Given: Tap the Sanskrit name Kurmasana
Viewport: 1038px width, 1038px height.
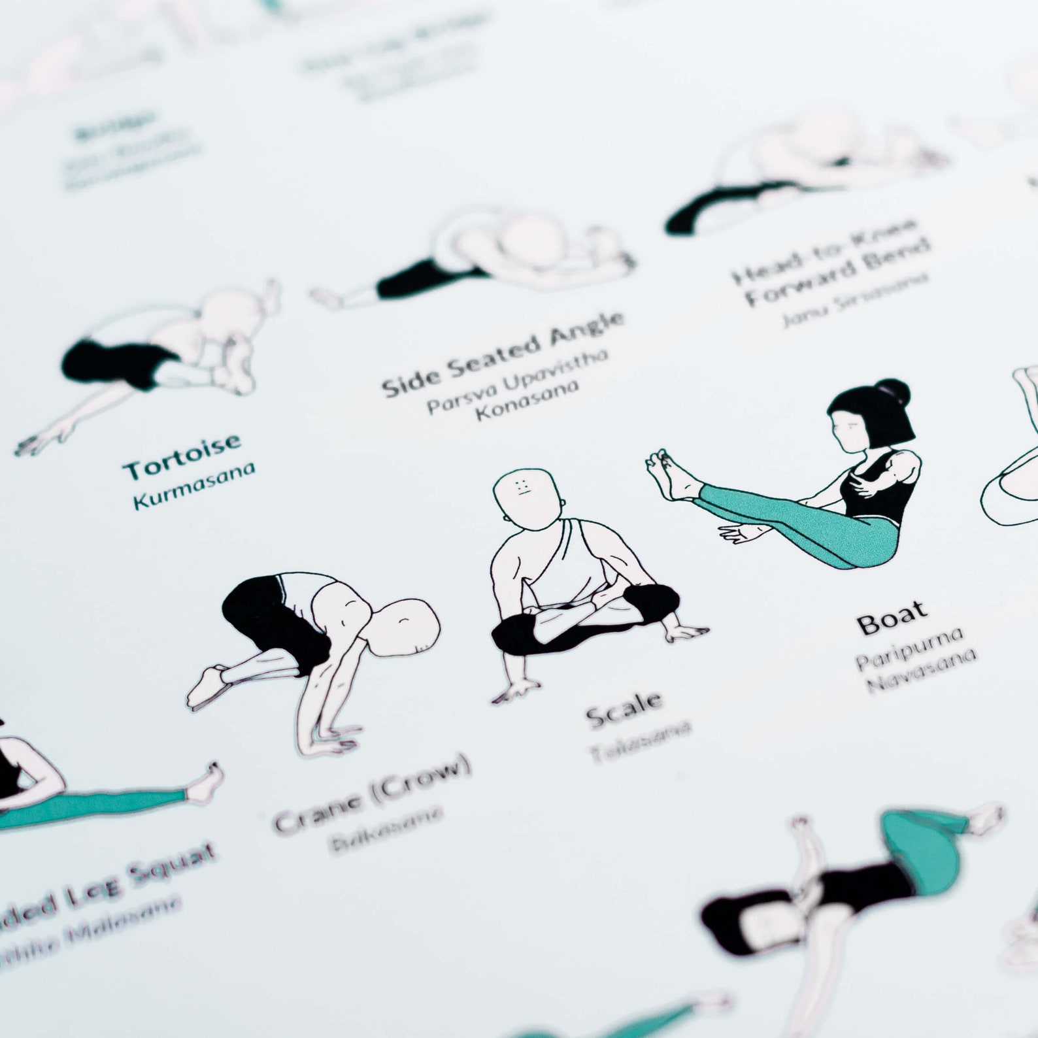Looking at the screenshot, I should click(193, 484).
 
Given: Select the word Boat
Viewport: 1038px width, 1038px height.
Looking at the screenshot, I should click(893, 618).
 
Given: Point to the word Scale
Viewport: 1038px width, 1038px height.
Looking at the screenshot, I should click(624, 709).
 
